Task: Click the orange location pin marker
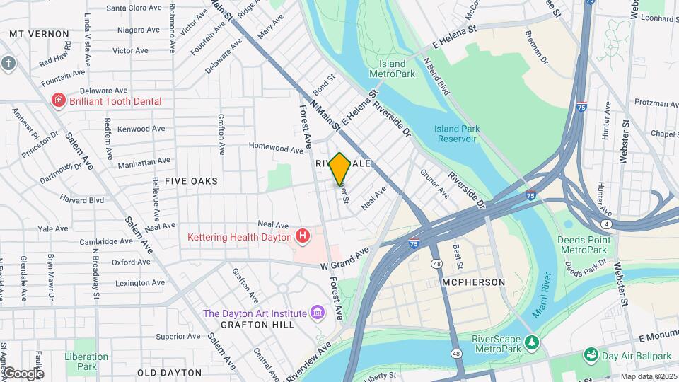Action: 340,168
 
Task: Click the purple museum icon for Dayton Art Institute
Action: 317,313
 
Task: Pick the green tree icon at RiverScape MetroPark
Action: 534,342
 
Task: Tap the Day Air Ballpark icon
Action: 589,353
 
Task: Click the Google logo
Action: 23,374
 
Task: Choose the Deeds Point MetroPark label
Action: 583,245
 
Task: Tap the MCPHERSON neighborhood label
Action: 473,282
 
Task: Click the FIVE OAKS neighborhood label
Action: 191,181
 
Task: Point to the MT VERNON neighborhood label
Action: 40,33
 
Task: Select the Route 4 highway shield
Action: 608,224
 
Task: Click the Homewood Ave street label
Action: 276,149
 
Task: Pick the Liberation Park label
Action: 86,361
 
